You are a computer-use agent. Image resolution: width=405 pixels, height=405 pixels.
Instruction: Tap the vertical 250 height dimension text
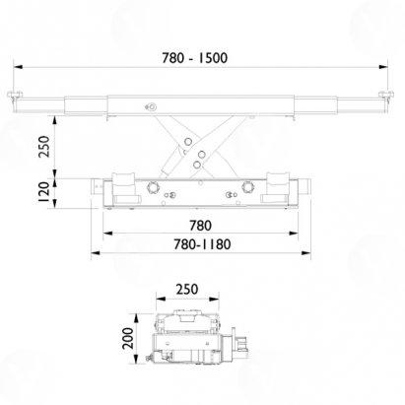click(x=44, y=147)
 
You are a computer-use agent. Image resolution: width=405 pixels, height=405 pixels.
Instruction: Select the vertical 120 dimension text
click(x=43, y=192)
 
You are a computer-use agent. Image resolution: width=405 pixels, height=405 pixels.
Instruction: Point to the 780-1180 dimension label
click(x=202, y=244)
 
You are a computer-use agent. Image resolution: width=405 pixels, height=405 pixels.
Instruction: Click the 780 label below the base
click(x=200, y=226)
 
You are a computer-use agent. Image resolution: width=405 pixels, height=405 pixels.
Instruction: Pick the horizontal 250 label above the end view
click(x=187, y=290)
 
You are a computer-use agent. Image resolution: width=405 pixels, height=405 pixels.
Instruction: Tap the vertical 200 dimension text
click(x=128, y=338)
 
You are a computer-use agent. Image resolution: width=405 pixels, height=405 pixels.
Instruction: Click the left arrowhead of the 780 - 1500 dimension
click(x=18, y=67)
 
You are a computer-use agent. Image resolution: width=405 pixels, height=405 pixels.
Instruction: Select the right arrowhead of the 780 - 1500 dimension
click(x=383, y=67)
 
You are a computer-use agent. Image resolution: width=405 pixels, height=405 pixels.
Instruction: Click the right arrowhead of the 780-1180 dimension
click(x=305, y=252)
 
